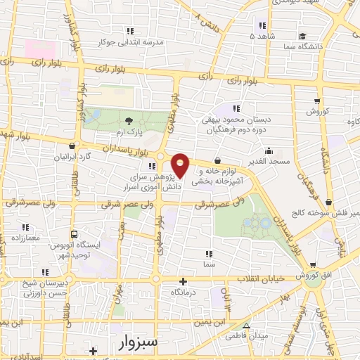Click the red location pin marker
click(181, 165)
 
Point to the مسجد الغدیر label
click(268, 162)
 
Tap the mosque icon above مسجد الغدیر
click(268, 150)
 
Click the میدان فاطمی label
click(247, 337)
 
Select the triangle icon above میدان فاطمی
click(247, 326)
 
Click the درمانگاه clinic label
click(184, 290)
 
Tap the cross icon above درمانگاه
click(184, 280)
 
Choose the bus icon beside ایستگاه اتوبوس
click(75, 234)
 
